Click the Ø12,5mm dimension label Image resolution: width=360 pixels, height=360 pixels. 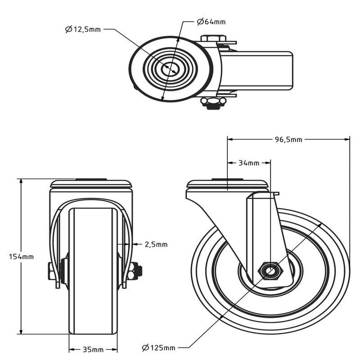coord(83,29)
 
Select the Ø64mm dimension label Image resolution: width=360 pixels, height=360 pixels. coord(211,22)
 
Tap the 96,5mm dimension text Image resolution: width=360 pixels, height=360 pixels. coord(289,139)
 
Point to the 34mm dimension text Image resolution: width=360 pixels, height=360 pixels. coord(249,163)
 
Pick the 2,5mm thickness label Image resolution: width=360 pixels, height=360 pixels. coord(155,244)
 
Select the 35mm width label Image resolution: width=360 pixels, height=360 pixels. coord(93,349)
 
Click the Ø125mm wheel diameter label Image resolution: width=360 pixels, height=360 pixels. coord(158,348)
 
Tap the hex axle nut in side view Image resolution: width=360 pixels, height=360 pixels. coord(269,269)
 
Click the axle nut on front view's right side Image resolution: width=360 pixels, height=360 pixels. coord(136,271)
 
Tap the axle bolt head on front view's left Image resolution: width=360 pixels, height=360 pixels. coord(52,271)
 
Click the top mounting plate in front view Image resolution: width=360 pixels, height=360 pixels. coord(91,184)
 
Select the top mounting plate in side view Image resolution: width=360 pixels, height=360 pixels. coord(227,184)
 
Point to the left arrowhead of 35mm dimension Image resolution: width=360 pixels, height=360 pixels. coord(71,349)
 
